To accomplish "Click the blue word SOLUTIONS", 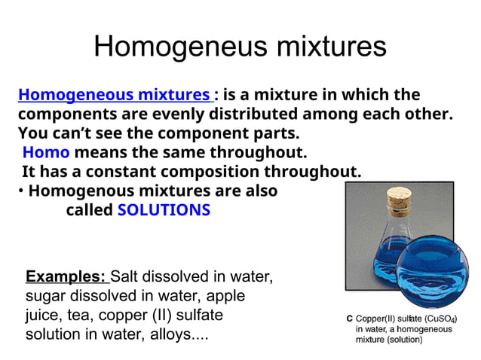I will pos(164,210).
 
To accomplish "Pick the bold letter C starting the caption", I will pos(349,318).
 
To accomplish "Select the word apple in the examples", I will pos(225,294).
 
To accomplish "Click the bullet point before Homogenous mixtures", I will pos(20,191).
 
